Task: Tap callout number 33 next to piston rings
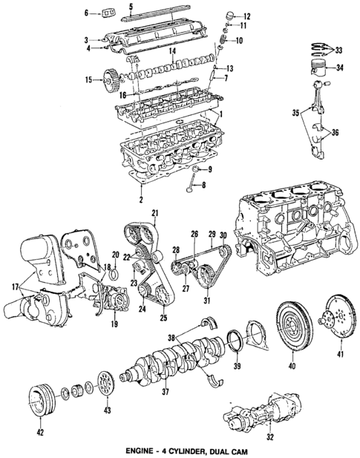pyautogui.click(x=339, y=50)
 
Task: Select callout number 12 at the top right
pyautogui.click(x=246, y=16)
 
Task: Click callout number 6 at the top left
pyautogui.click(x=86, y=13)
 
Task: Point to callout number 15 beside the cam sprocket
pyautogui.click(x=88, y=79)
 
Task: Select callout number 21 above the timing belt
pyautogui.click(x=154, y=215)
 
